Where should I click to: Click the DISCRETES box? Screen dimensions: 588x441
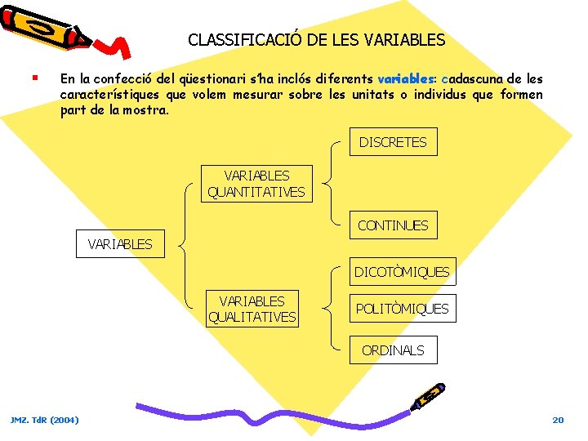pyautogui.click(x=393, y=142)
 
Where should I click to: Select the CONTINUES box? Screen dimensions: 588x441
pyautogui.click(x=393, y=225)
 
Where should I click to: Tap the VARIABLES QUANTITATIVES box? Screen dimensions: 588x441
pyautogui.click(x=256, y=184)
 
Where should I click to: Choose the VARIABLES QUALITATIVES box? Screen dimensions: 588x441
pyautogui.click(x=252, y=309)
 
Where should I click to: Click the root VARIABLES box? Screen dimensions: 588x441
pyautogui.click(x=120, y=244)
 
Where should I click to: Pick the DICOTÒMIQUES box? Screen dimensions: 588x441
pyautogui.click(x=401, y=272)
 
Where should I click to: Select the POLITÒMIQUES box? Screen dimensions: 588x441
pyautogui.click(x=401, y=309)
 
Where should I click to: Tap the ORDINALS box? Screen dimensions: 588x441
pyautogui.click(x=393, y=350)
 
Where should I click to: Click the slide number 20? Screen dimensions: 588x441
pyautogui.click(x=558, y=420)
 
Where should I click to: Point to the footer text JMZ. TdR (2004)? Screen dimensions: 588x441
pyautogui.click(x=45, y=420)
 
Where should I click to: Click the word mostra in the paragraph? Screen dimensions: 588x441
pyautogui.click(x=148, y=109)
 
